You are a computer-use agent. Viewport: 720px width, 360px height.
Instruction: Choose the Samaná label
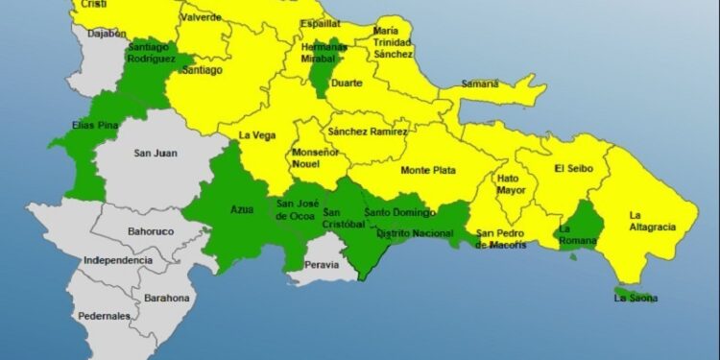pos(480,84)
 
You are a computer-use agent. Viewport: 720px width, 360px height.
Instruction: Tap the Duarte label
pos(347,84)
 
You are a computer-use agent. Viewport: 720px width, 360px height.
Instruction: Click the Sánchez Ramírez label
pos(368,131)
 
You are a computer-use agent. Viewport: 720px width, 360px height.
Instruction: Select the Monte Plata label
pos(428,171)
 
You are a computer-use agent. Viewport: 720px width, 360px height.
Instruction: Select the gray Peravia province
pos(321,267)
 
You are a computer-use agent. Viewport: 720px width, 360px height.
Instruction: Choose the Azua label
pos(242,207)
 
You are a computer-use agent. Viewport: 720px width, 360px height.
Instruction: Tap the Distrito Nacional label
pos(414,233)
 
